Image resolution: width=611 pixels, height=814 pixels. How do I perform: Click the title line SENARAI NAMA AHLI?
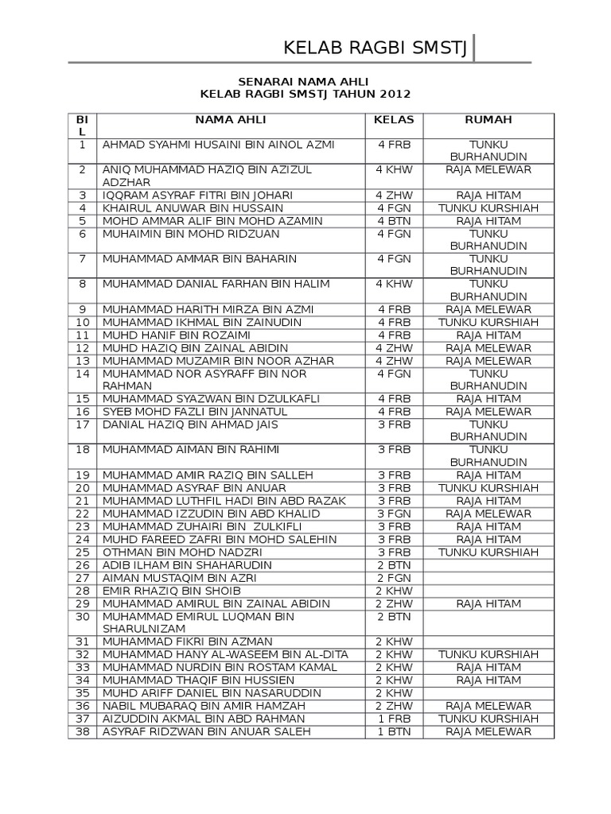[304, 81]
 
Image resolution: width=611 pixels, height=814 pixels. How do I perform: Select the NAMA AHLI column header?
[231, 119]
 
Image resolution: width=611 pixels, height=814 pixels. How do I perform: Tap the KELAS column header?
[394, 119]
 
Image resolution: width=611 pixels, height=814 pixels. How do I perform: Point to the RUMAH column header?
[488, 119]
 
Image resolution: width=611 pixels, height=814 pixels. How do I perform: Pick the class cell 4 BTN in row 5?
[394, 221]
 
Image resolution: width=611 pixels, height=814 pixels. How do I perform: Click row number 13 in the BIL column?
[82, 361]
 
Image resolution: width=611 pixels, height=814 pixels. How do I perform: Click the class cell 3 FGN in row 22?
[394, 514]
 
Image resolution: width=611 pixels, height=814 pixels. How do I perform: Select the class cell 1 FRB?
[394, 718]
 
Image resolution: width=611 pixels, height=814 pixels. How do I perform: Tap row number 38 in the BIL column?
[82, 731]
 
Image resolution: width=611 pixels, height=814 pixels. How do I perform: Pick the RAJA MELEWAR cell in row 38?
[488, 731]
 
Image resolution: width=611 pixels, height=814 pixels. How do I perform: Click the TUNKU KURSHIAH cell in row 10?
[488, 323]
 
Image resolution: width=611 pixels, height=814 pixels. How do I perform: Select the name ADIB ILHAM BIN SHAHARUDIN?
[187, 565]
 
